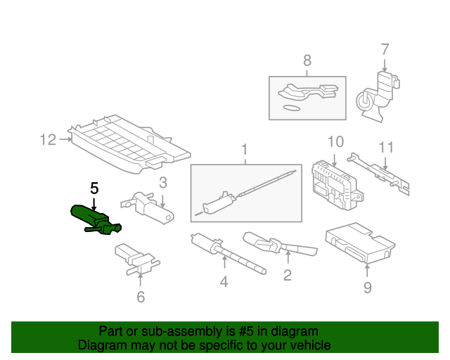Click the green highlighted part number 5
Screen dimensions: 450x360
[95, 220]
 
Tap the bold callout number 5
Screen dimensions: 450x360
[94, 188]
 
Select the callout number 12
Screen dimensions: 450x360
[48, 140]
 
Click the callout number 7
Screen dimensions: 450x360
[385, 49]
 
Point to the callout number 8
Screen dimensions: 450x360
[307, 60]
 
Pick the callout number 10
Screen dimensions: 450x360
[335, 142]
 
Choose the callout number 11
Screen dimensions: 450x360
[386, 147]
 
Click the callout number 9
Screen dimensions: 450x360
[368, 288]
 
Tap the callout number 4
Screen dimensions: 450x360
[224, 282]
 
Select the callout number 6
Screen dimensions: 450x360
[141, 297]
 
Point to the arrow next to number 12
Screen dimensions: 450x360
[65, 139]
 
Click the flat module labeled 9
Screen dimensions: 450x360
[360, 243]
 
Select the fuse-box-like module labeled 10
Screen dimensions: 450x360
[337, 185]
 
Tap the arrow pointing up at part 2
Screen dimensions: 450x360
[288, 257]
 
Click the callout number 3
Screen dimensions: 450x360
[162, 183]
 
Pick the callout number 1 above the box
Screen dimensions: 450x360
[244, 150]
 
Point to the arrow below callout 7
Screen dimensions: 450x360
[385, 65]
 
